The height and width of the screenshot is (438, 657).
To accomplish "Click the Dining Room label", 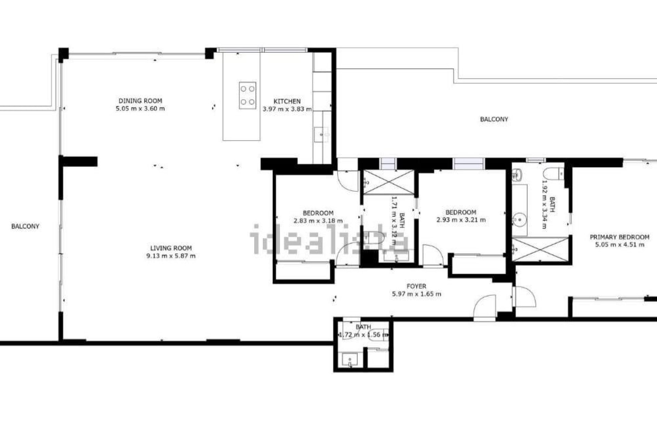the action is coord(140,101).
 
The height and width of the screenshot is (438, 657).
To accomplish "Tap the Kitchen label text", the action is coord(287,101).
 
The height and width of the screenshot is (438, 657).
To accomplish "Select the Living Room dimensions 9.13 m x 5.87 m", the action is coord(171,256).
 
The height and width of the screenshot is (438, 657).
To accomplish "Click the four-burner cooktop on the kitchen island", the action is coord(247,95).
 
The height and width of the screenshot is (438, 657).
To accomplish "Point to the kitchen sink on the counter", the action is coord(322,134).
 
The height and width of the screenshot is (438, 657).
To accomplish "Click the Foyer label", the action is coord(416,286).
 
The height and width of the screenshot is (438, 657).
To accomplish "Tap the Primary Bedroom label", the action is coord(619,237).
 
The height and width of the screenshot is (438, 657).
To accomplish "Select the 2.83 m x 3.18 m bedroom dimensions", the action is coord(318,221).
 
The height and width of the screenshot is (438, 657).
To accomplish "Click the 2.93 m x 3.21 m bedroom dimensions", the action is coord(461,220).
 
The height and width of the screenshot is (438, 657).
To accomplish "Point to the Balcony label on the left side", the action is coord(25,226).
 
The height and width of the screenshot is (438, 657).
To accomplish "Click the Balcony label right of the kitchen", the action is coord(494,119).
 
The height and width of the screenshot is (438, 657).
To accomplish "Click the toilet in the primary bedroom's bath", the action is coord(553,174).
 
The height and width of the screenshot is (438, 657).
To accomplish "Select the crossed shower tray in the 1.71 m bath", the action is coord(388,182).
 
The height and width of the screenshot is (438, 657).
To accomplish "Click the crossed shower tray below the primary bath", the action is coord(540,249).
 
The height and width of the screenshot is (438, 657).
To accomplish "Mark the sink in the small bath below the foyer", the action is coord(350,360).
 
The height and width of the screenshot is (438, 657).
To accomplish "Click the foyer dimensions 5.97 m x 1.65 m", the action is coord(416,294).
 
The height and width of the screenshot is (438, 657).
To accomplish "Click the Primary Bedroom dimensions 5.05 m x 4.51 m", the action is coord(620,245).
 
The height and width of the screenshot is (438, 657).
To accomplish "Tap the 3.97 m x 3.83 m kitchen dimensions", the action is coord(287,109).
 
